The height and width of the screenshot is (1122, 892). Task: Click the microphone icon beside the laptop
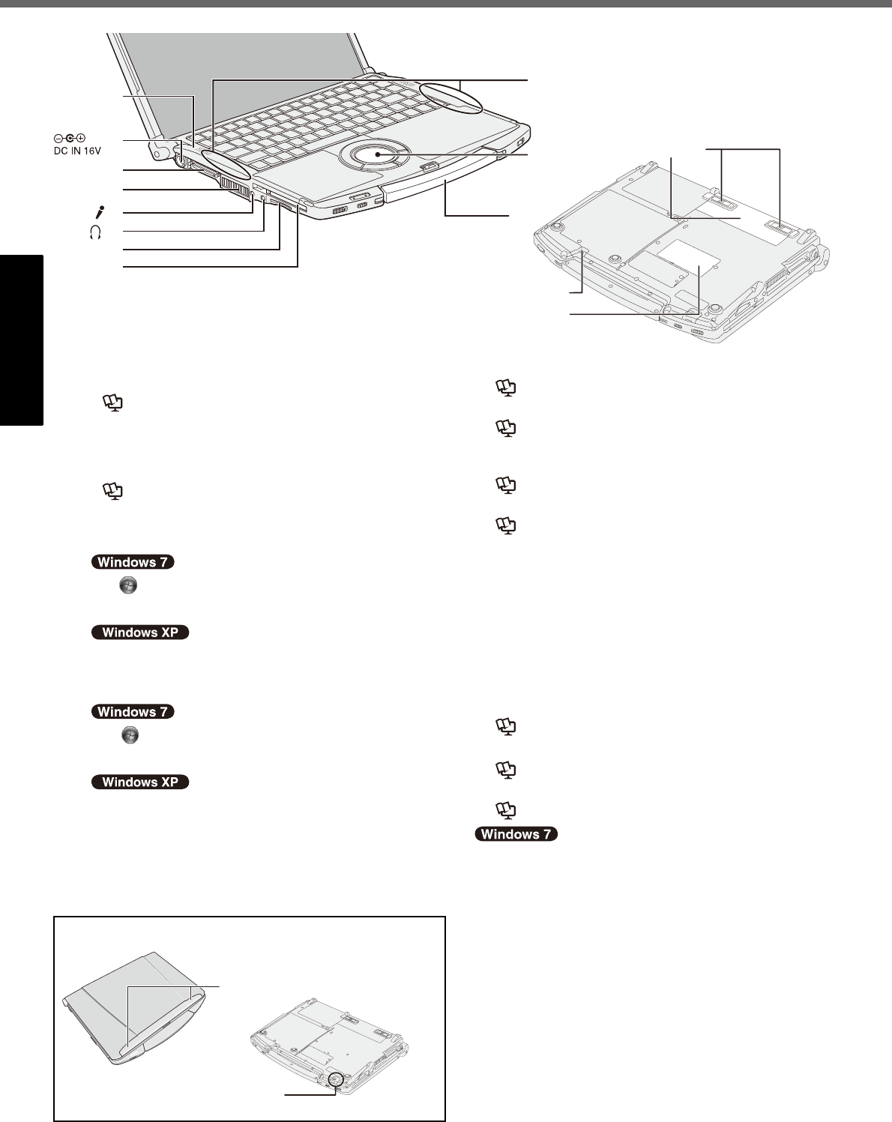[100, 212]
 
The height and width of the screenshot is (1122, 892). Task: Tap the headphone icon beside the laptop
[95, 232]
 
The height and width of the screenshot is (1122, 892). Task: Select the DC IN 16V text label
[77, 151]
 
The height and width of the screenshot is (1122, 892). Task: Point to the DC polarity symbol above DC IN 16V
[69, 138]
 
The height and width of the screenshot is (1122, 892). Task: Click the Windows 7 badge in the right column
[516, 834]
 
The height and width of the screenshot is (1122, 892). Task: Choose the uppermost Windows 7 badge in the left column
[133, 562]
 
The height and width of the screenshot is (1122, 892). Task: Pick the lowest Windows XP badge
[140, 782]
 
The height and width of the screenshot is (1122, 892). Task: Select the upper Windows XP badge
[140, 632]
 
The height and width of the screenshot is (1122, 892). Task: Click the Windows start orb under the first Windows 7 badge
[128, 585]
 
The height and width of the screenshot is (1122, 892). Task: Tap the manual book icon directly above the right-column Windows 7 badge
[506, 810]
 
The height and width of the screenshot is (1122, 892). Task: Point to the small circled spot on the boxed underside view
[336, 1079]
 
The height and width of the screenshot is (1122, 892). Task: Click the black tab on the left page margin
[21, 340]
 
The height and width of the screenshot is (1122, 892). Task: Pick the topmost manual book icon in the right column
[506, 387]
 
